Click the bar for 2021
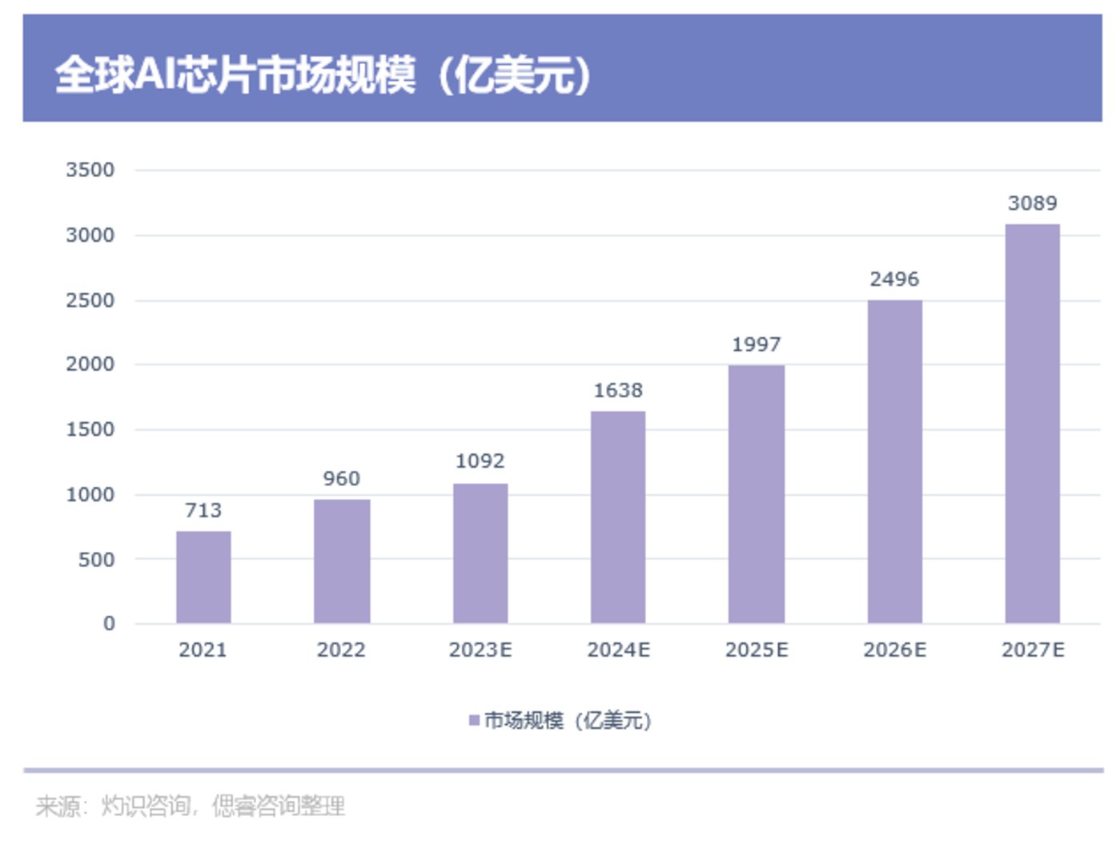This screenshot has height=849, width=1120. [x=203, y=577]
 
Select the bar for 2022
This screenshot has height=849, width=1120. [x=342, y=561]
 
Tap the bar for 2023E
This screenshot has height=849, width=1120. [x=480, y=553]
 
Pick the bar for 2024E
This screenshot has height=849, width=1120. [x=618, y=517]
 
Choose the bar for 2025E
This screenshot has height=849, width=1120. [x=757, y=494]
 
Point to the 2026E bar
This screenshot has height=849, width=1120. [x=894, y=462]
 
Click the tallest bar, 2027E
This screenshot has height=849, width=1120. [x=1033, y=424]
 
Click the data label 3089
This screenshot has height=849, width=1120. [x=1033, y=203]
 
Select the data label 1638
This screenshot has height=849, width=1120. [x=618, y=391]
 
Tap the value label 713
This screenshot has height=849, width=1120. [x=203, y=510]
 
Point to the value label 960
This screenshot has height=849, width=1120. [x=342, y=479]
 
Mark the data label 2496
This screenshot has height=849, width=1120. [x=894, y=280]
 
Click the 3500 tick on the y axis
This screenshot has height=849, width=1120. [x=90, y=170]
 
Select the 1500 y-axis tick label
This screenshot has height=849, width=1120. [x=90, y=429]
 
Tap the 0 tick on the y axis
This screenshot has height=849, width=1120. [x=109, y=624]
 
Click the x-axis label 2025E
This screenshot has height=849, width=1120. [x=757, y=650]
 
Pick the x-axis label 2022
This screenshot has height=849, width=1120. [x=342, y=650]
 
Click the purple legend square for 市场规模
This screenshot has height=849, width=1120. [x=474, y=721]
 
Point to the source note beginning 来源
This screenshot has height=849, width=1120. [x=191, y=806]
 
